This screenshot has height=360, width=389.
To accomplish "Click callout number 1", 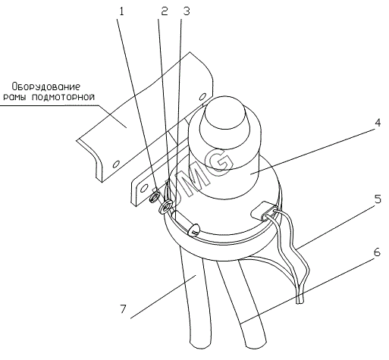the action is click(121, 11).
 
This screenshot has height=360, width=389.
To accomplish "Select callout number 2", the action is click(165, 11).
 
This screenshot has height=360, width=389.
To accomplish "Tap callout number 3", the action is click(187, 11).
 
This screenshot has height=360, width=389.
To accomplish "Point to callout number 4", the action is click(378, 123).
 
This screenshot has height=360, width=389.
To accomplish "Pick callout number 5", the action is click(378, 199).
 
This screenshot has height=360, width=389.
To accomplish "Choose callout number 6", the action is click(377, 252).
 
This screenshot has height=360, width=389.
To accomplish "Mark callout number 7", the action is click(123, 308).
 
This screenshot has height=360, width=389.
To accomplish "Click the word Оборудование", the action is click(46, 86).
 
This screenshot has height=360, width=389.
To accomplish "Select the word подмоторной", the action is click(64, 97).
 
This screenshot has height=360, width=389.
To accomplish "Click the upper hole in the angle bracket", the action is click(202, 96).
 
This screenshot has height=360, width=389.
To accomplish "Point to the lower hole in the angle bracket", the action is click(116, 164).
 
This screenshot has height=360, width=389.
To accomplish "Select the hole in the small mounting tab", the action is click(144, 188).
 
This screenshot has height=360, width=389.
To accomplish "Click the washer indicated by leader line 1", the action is click(154, 196).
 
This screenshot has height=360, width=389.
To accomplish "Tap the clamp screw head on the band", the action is click(194, 229).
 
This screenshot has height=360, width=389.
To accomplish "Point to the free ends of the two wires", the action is click(300, 300).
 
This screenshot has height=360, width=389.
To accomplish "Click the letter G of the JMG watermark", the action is click(220, 162).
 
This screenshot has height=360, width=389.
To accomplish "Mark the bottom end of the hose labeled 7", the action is click(200, 345).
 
